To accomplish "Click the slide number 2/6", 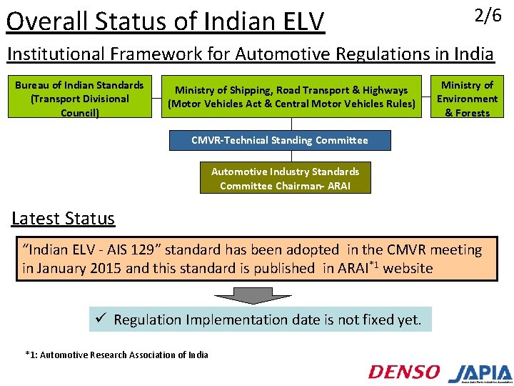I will coord(488,16).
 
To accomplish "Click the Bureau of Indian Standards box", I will coord(79,99).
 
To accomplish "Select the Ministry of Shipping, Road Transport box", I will coord(291,97).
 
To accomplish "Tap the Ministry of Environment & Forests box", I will coord(467,99).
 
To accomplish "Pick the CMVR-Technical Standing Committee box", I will coord(280,140).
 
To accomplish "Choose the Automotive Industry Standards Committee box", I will coord(285,179).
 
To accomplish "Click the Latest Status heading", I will coord(63,218).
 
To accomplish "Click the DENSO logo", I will coord(404,372).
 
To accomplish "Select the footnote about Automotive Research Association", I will coord(116,355).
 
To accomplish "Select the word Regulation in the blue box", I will coord(151,320).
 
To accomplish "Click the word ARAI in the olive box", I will coord(344,186).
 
